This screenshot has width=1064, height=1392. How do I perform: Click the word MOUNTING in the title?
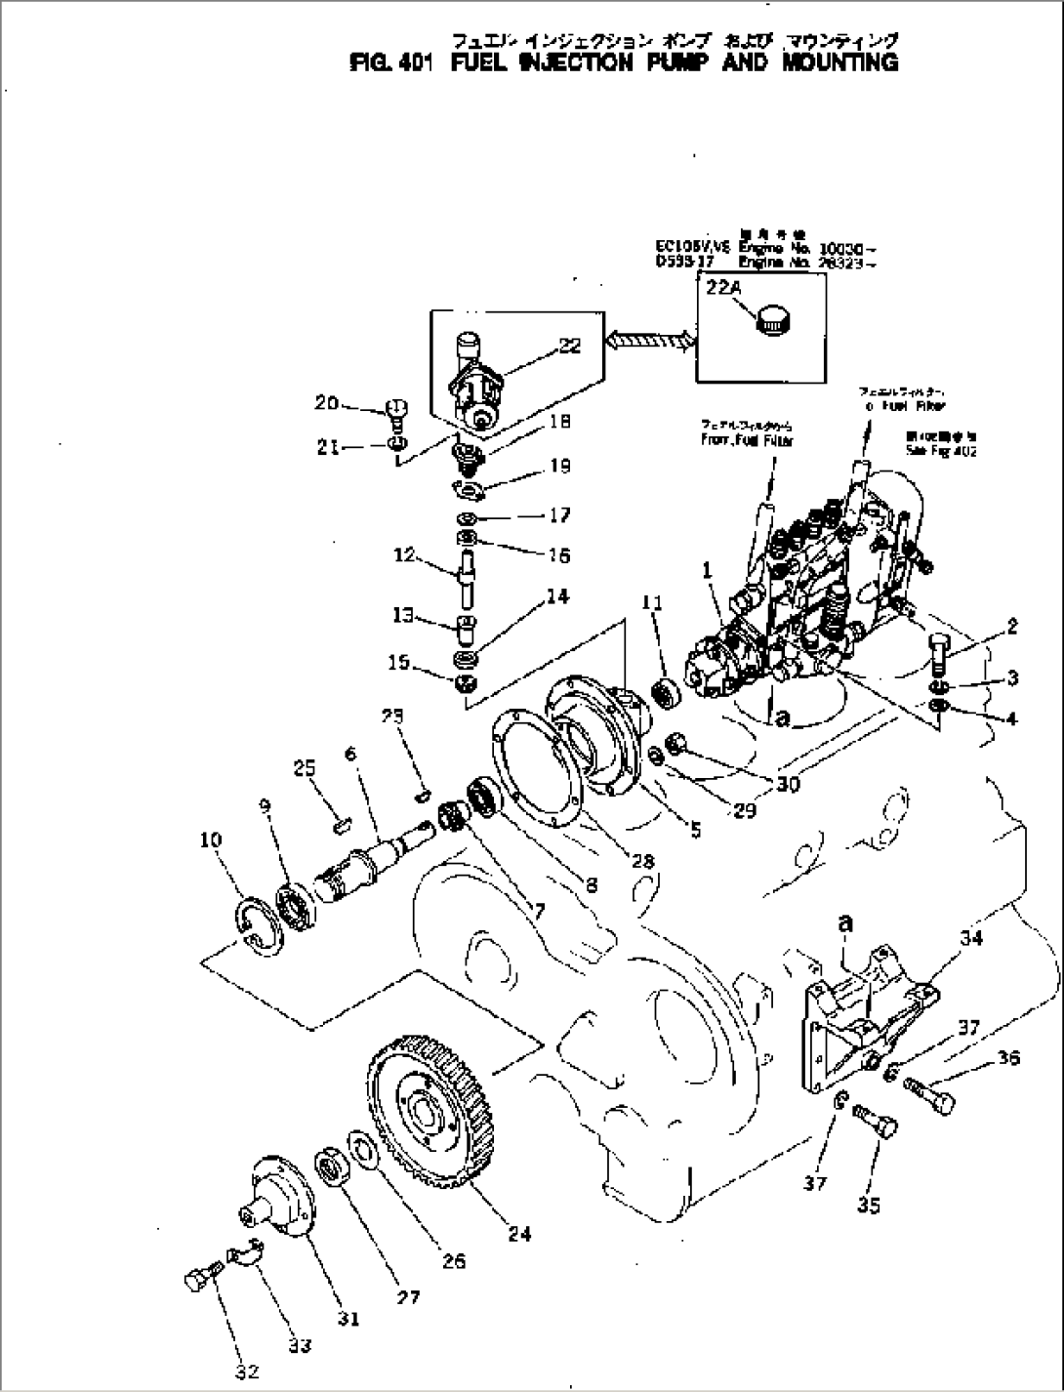click(840, 62)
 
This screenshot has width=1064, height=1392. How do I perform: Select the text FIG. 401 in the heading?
click(384, 62)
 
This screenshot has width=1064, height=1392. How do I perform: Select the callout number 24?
click(518, 1234)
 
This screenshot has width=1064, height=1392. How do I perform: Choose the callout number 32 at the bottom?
click(247, 1372)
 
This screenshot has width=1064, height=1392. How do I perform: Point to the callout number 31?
click(348, 1318)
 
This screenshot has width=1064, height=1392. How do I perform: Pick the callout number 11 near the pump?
click(652, 604)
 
